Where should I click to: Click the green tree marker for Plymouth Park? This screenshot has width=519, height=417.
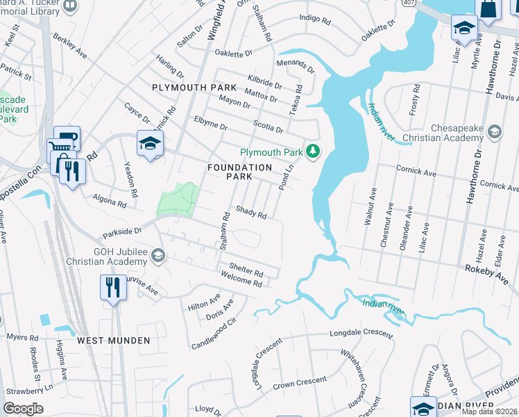point(314,152)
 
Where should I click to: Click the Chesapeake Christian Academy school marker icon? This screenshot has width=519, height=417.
point(494,131)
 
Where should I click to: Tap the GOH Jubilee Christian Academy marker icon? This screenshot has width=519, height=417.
point(158,256)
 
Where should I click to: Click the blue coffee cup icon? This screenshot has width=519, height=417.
point(68,137)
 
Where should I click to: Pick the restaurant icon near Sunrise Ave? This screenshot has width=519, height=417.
point(112,286)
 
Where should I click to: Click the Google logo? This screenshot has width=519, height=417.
point(24,409)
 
